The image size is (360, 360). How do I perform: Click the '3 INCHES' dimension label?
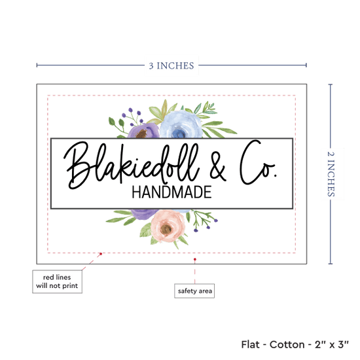171,65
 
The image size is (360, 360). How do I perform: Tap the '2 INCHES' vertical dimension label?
331,174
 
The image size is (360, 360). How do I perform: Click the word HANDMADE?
171,192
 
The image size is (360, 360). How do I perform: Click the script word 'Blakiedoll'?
132,166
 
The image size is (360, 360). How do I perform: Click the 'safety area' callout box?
194,291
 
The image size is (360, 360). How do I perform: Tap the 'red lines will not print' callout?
57,281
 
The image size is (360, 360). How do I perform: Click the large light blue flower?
181,124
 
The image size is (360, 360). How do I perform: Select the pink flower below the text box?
168,226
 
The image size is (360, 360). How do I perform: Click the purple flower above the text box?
143,131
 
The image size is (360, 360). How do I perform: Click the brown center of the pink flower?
166,229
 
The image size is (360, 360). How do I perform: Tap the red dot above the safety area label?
194,259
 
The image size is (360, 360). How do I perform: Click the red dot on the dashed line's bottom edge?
101,254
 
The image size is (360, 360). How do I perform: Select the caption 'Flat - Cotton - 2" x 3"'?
295,344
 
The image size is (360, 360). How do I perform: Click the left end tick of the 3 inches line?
37,65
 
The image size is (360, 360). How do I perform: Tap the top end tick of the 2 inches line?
331,84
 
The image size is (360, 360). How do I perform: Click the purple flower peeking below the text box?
144,214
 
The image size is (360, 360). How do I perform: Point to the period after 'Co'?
276,175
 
